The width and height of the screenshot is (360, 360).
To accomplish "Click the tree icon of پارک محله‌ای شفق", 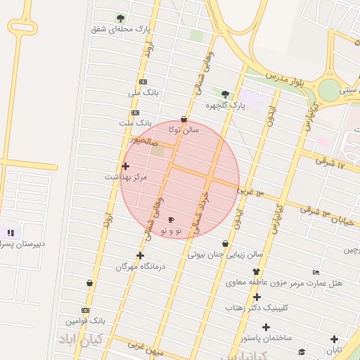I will (x=120, y=18).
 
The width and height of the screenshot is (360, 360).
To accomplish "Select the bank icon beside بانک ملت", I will (x=135, y=112).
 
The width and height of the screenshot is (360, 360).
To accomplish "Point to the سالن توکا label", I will (x=184, y=130).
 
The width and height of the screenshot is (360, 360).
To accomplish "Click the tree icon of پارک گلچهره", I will (x=225, y=94).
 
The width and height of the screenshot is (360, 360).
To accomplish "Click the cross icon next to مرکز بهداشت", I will (x=126, y=167).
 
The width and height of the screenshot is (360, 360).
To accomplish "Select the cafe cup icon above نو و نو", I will (x=171, y=220).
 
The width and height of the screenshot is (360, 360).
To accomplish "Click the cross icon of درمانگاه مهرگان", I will (x=140, y=256).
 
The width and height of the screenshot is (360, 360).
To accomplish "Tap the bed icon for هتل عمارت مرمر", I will (x=316, y=272).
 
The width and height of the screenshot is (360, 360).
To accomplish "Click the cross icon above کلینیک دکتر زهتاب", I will (x=257, y=297).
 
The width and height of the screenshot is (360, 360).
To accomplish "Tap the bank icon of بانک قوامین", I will (x=86, y=310).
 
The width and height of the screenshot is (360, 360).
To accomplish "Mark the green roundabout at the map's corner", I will (x=328, y=90).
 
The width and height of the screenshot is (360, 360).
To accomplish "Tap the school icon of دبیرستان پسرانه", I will (x=10, y=232).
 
